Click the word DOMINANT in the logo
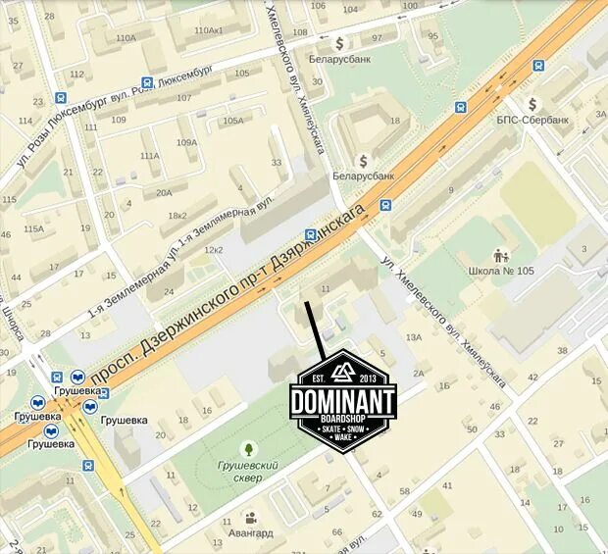[342, 401]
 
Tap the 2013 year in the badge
[368, 378]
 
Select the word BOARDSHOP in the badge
[342, 420]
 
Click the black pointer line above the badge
[315, 328]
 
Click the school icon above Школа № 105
[500, 254]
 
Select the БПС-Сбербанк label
[532, 120]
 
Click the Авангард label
[252, 533]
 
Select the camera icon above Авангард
[251, 518]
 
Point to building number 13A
[414, 337]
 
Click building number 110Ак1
[209, 30]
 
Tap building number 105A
[232, 121]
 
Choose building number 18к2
[177, 215]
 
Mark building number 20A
[163, 193]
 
